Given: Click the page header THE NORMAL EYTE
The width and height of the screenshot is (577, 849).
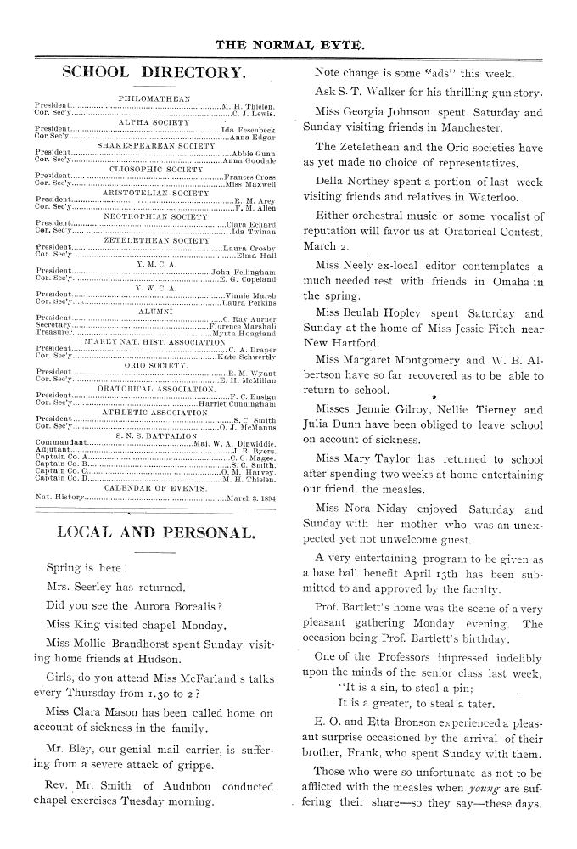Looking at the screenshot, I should pos(289,42).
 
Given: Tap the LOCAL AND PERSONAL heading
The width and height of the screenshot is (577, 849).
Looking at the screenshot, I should pos(155,533).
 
